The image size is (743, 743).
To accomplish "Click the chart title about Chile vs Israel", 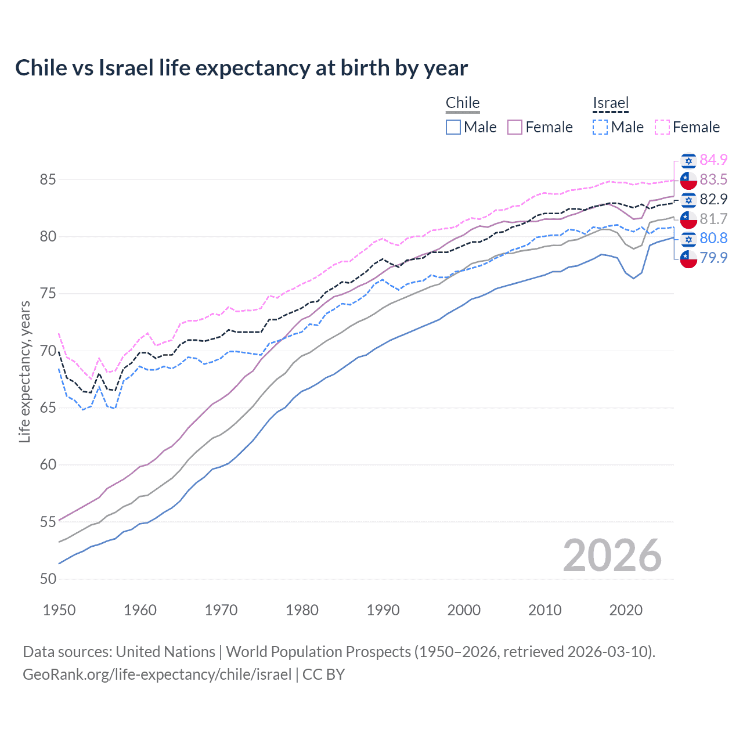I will point(241,68).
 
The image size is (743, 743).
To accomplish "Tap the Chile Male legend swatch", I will point(453,127).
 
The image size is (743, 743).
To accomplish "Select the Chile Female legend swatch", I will point(515,127).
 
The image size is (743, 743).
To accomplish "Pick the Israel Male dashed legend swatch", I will point(600,127).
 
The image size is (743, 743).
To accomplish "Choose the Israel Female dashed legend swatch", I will point(662,127).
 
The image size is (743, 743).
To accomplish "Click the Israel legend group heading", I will point(611,103).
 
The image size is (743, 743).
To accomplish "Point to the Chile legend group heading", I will point(463,103).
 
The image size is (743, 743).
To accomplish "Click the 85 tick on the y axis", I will point(48,180).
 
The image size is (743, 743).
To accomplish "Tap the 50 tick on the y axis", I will point(48,579).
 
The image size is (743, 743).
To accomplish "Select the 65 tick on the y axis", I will point(48,407).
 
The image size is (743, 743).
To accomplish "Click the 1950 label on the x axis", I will point(59,610).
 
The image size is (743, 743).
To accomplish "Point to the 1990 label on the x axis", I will point(383,610).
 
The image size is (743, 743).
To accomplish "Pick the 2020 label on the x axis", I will point(626,610).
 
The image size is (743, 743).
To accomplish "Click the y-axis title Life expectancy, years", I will point(24,371).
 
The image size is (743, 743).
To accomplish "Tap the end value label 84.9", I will point(713,160).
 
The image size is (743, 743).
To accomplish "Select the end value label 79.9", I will point(713,258).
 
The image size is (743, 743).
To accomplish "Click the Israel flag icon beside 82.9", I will point(688,200).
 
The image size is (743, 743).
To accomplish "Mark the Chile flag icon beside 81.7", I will point(688,219).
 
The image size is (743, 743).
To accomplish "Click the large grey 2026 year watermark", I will point(612,556).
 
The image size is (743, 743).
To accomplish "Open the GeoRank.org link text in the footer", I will point(157,675).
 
